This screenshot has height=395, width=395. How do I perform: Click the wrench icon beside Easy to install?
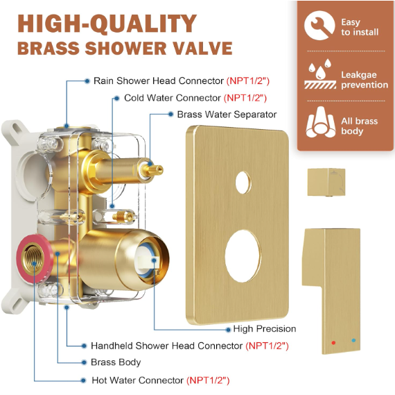coord(319,26)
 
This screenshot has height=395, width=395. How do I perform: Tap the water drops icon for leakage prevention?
coord(320,74)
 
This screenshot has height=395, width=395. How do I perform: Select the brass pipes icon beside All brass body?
coord(320,122)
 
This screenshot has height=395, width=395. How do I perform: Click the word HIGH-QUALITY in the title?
coord(107,24)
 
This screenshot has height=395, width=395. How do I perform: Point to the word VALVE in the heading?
coord(202,48)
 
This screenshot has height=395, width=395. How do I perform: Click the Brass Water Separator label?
coord(227,115)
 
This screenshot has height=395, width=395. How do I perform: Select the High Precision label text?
coord(265,328)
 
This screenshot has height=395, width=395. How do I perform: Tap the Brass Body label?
coord(116,362)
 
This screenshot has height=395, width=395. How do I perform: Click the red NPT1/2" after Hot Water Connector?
coord(208,380)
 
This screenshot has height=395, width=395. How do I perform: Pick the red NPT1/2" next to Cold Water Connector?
coord(245,98)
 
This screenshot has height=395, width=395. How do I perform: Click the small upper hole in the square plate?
coord(243,183)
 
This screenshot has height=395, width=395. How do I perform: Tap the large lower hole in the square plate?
coord(243,256)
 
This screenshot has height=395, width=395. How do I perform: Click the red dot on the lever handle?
coord(333,343)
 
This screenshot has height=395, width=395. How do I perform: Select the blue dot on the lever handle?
coord(353,340)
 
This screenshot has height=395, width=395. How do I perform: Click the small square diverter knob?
coord(326,183)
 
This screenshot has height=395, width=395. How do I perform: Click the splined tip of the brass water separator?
coord(155,170)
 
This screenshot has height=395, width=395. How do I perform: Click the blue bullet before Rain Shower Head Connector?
coord(87,81)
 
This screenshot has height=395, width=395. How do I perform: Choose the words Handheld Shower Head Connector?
coord(167,346)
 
